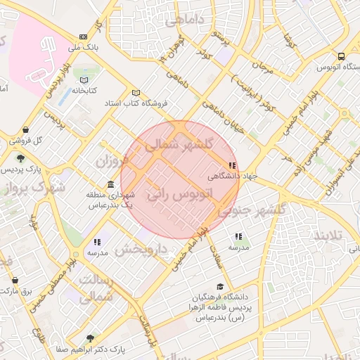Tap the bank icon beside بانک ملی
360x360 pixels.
[x=84, y=37]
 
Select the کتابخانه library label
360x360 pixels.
[x=84, y=90]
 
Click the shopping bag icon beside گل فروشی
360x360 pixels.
[x=26, y=130]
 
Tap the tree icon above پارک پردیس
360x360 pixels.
[x=20, y=158]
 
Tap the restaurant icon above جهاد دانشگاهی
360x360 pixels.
[x=233, y=165]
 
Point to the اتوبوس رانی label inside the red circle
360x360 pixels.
[x=179, y=195]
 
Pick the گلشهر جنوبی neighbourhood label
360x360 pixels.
[x=252, y=210]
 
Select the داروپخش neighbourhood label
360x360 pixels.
[x=140, y=250]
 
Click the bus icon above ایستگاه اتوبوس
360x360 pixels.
[x=341, y=56]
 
